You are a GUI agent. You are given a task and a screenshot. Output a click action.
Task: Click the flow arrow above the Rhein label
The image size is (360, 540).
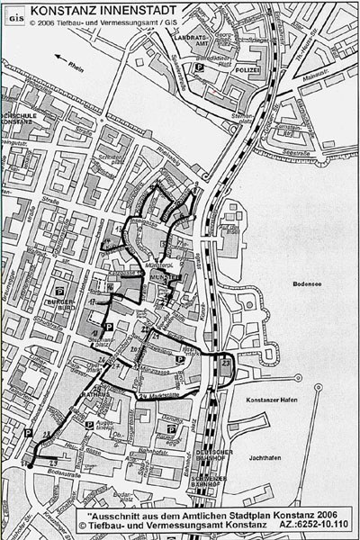64,57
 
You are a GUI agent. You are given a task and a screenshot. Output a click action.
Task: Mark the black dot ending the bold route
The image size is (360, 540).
28,466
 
